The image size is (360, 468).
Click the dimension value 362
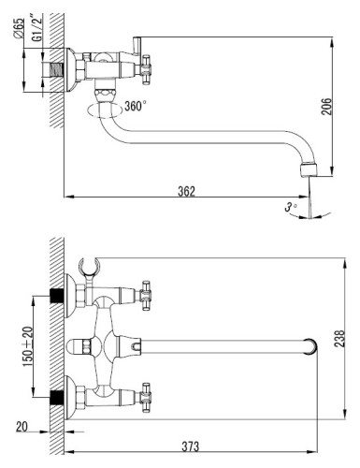click(186, 191)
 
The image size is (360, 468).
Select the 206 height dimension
click(327, 107)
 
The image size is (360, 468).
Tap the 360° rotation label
click(136, 106)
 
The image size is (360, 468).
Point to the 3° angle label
click(291, 207)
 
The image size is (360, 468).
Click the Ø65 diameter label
click(19, 29)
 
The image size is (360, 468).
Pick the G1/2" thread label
click(37, 27)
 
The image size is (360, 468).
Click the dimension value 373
click(190, 446)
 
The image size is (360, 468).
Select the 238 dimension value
click(339, 339)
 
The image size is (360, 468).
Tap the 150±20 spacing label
click(27, 346)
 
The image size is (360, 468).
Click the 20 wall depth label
click(22, 427)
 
